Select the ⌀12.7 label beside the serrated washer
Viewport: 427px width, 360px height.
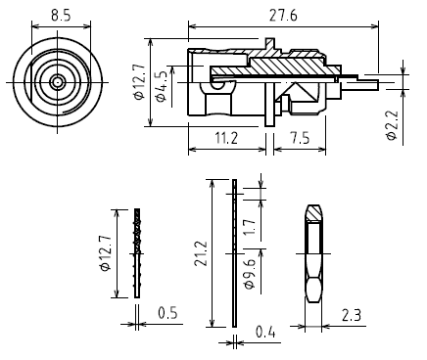(x=106, y=252)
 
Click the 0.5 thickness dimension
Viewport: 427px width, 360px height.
(x=167, y=313)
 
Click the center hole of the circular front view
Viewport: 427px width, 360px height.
(x=58, y=83)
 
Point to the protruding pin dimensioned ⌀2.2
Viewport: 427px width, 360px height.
(x=362, y=85)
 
